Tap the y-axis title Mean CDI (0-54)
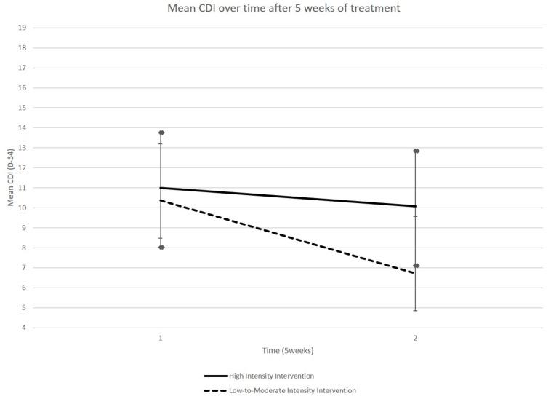(10, 178)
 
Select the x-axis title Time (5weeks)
(287, 350)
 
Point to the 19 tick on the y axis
(22, 28)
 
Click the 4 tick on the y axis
(24, 328)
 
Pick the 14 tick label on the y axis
(22, 127)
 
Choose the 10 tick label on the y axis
(22, 208)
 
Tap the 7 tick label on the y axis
(24, 268)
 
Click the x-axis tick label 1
(161, 338)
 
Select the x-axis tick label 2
(415, 338)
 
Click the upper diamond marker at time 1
(161, 133)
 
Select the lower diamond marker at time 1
(161, 248)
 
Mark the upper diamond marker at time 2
(416, 151)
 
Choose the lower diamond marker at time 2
(416, 266)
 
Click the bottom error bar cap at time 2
(416, 311)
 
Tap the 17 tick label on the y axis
(22, 68)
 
